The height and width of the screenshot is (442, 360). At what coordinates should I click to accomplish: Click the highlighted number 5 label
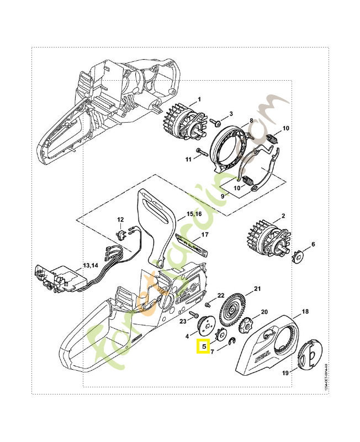[x=203, y=346]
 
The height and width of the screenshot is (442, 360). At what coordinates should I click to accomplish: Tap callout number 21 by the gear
[x=257, y=289]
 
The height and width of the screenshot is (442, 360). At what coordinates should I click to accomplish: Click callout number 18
[x=305, y=312]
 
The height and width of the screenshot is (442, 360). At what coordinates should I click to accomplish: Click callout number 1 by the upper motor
[x=199, y=99]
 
